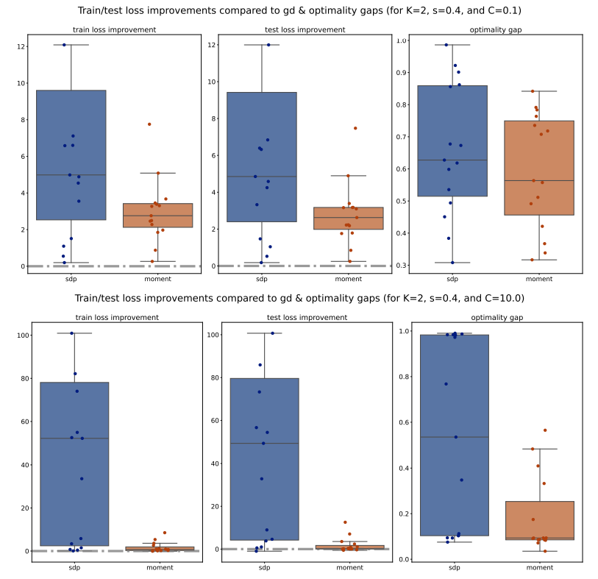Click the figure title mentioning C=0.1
[299, 11]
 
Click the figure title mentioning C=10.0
[299, 298]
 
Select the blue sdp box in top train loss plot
[71, 154]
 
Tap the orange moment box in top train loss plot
[157, 215]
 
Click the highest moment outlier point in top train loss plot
[149, 124]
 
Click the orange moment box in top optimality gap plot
[539, 168]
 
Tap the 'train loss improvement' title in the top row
[114, 30]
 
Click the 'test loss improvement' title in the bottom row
[305, 317]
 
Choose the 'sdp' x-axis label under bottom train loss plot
[74, 568]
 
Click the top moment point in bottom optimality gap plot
[545, 430]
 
